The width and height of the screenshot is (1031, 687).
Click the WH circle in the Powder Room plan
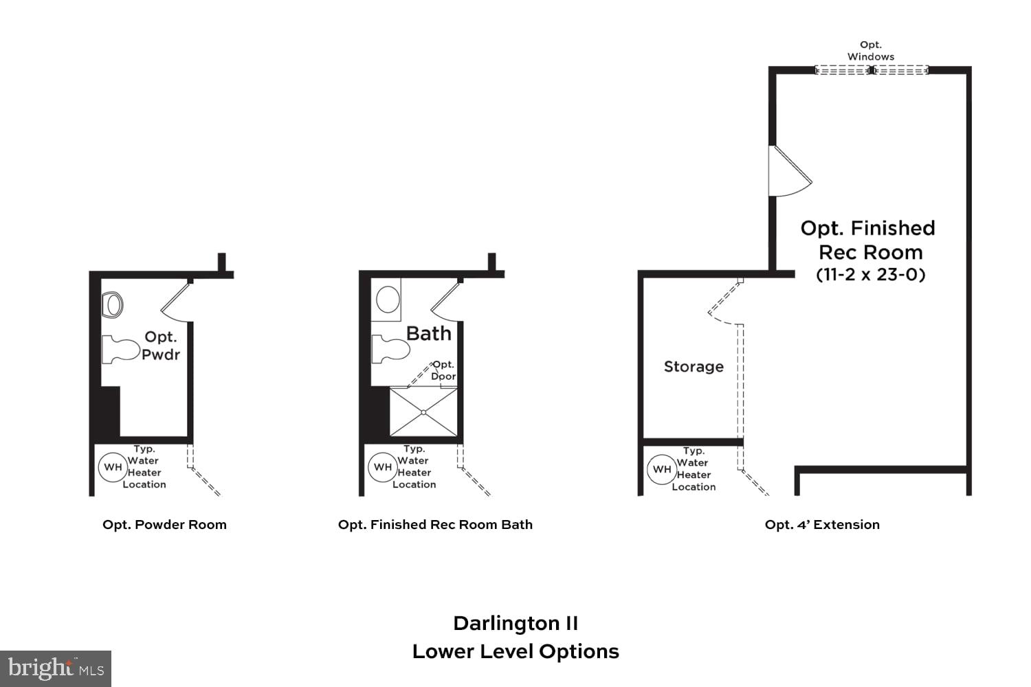click(x=113, y=467)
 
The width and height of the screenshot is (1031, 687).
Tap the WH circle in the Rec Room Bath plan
click(x=383, y=467)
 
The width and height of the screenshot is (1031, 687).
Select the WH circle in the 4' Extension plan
click(x=661, y=470)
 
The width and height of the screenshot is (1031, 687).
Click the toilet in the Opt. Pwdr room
click(x=120, y=350)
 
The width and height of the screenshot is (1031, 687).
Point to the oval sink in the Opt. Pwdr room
click(x=113, y=304)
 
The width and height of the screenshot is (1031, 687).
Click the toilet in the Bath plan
click(x=390, y=349)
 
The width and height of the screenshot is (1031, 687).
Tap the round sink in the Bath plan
click(x=388, y=300)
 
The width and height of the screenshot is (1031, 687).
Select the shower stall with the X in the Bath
click(x=423, y=412)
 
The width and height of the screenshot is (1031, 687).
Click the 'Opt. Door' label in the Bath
click(x=443, y=370)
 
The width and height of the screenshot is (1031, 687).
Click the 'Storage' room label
click(x=694, y=367)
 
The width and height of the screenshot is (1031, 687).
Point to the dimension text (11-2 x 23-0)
click(x=870, y=275)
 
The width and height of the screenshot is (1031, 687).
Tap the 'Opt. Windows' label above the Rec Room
click(x=871, y=51)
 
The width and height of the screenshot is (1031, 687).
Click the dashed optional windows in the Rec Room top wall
click(x=871, y=70)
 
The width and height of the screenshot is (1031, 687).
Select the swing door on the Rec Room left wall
click(x=789, y=172)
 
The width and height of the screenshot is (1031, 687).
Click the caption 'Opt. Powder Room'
click(x=164, y=525)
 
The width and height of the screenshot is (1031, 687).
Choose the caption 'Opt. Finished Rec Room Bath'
click(x=435, y=525)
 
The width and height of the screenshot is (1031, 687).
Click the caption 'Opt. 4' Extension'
click(x=822, y=525)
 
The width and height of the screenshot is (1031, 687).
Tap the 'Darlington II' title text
click(x=515, y=623)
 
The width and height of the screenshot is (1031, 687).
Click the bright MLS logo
click(x=56, y=668)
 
